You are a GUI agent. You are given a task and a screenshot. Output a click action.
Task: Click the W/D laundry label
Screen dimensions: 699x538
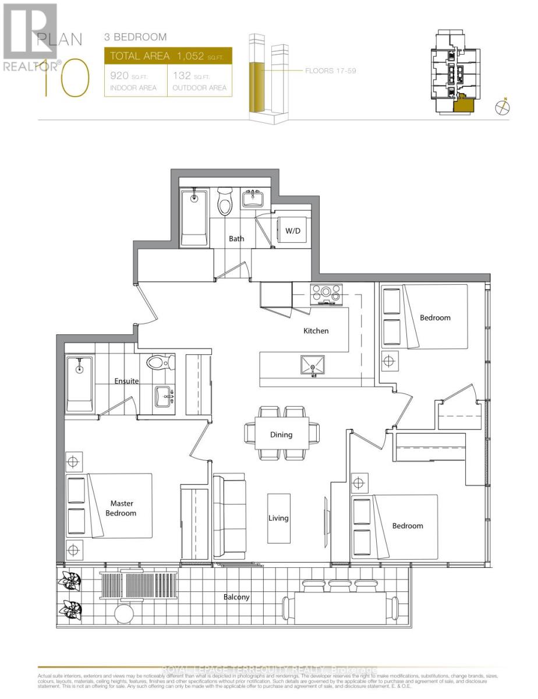pyautogui.click(x=292, y=231)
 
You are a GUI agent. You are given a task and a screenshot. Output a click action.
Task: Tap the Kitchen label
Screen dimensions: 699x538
pyautogui.click(x=316, y=331)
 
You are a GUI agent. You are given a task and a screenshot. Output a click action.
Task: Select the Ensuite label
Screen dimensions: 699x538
pyautogui.click(x=126, y=381)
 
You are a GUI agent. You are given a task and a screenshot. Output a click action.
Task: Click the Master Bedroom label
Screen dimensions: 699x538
pyautogui.click(x=122, y=508)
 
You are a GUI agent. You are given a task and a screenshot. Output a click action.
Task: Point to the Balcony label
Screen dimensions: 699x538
pyautogui.click(x=236, y=597)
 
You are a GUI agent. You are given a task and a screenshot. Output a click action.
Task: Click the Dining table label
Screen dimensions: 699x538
pyautogui.click(x=281, y=435)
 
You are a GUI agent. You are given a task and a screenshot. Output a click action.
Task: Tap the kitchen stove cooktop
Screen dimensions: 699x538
pyautogui.click(x=327, y=294)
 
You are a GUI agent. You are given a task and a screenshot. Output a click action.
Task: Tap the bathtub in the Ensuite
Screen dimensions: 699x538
pyautogui.click(x=79, y=385)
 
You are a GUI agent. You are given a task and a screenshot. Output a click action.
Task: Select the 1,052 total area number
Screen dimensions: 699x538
pyautogui.click(x=192, y=56)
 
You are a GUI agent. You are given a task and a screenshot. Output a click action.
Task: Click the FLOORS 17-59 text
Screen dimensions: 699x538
pyautogui.click(x=330, y=71)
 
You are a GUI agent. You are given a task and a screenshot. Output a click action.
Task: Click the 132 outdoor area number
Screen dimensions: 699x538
pyautogui.click(x=182, y=76)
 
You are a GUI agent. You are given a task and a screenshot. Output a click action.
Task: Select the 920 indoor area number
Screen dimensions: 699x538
pyautogui.click(x=120, y=76)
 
